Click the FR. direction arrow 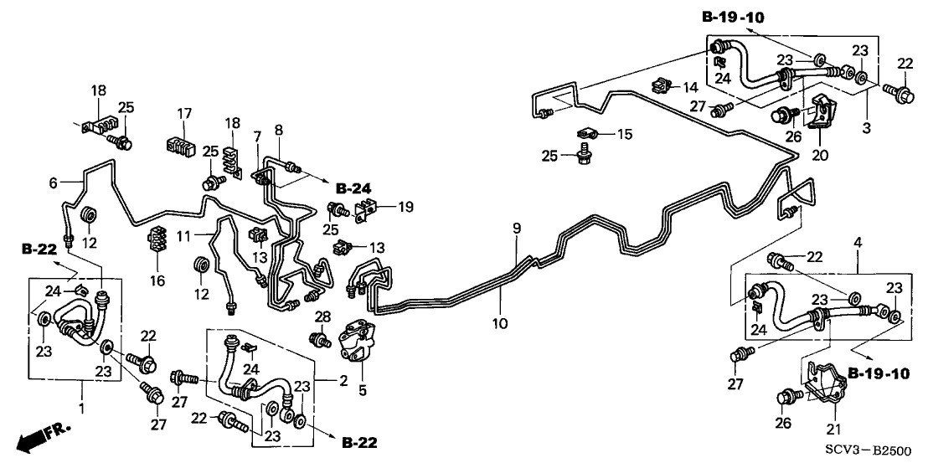coord(40,437)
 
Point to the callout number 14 coord(688,87)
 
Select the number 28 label coord(322,316)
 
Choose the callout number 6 coord(53,183)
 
